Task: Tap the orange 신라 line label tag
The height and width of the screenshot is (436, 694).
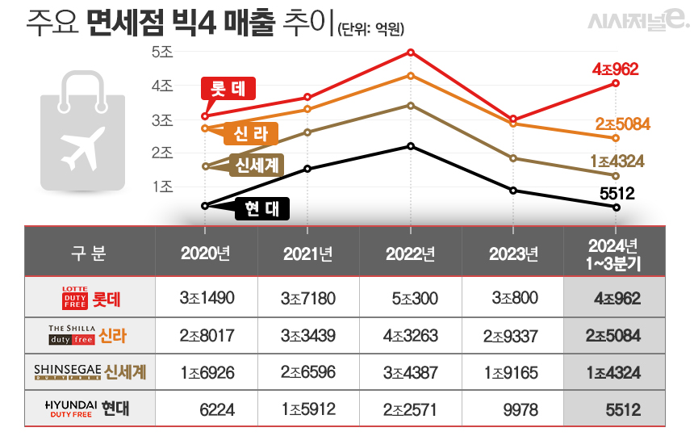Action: pyautogui.click(x=251, y=134)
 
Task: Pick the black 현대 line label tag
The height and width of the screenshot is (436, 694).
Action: pyautogui.click(x=261, y=208)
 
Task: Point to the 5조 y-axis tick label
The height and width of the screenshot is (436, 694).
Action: pyautogui.click(x=162, y=52)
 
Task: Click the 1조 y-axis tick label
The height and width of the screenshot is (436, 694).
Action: pyautogui.click(x=162, y=187)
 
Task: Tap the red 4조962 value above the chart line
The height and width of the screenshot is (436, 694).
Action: pyautogui.click(x=616, y=69)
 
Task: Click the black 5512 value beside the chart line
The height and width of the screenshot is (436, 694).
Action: pyautogui.click(x=619, y=193)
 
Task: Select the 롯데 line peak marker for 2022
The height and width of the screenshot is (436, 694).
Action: pyautogui.click(x=411, y=52)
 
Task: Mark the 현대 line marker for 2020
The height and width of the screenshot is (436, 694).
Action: pyautogui.click(x=205, y=206)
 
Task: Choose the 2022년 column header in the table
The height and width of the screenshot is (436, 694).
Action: pyautogui.click(x=410, y=254)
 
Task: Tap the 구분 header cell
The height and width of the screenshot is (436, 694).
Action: pyautogui.click(x=89, y=254)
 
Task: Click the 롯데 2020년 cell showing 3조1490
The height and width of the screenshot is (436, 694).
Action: pyautogui.click(x=207, y=299)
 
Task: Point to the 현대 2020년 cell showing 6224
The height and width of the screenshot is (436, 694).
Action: pyautogui.click(x=217, y=410)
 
